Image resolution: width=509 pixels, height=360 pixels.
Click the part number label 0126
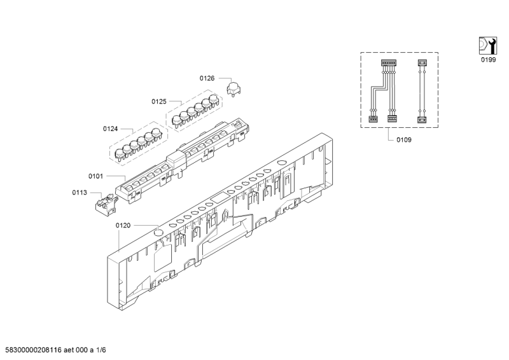coord(207,78)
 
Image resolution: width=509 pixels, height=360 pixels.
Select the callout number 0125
coord(159,102)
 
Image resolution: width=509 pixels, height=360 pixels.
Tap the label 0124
coord(110,129)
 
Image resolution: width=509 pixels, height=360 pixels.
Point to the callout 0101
coord(96,176)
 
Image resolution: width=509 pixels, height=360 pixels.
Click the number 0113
coord(80,193)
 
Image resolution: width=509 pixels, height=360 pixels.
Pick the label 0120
coord(123,226)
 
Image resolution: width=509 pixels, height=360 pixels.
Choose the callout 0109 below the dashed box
coord(404,140)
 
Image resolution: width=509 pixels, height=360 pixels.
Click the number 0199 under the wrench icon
coord(488,60)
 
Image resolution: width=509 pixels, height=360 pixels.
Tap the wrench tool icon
coord(488,46)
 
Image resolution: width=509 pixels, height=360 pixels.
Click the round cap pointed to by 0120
coord(158,232)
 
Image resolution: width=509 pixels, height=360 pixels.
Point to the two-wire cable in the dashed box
coord(422,92)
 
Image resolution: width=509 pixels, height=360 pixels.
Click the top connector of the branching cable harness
coord(389,63)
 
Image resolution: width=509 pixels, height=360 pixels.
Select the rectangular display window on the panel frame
coord(219,197)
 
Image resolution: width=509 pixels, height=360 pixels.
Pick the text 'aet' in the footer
coord(69,350)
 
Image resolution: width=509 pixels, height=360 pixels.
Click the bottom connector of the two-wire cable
coord(422,120)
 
